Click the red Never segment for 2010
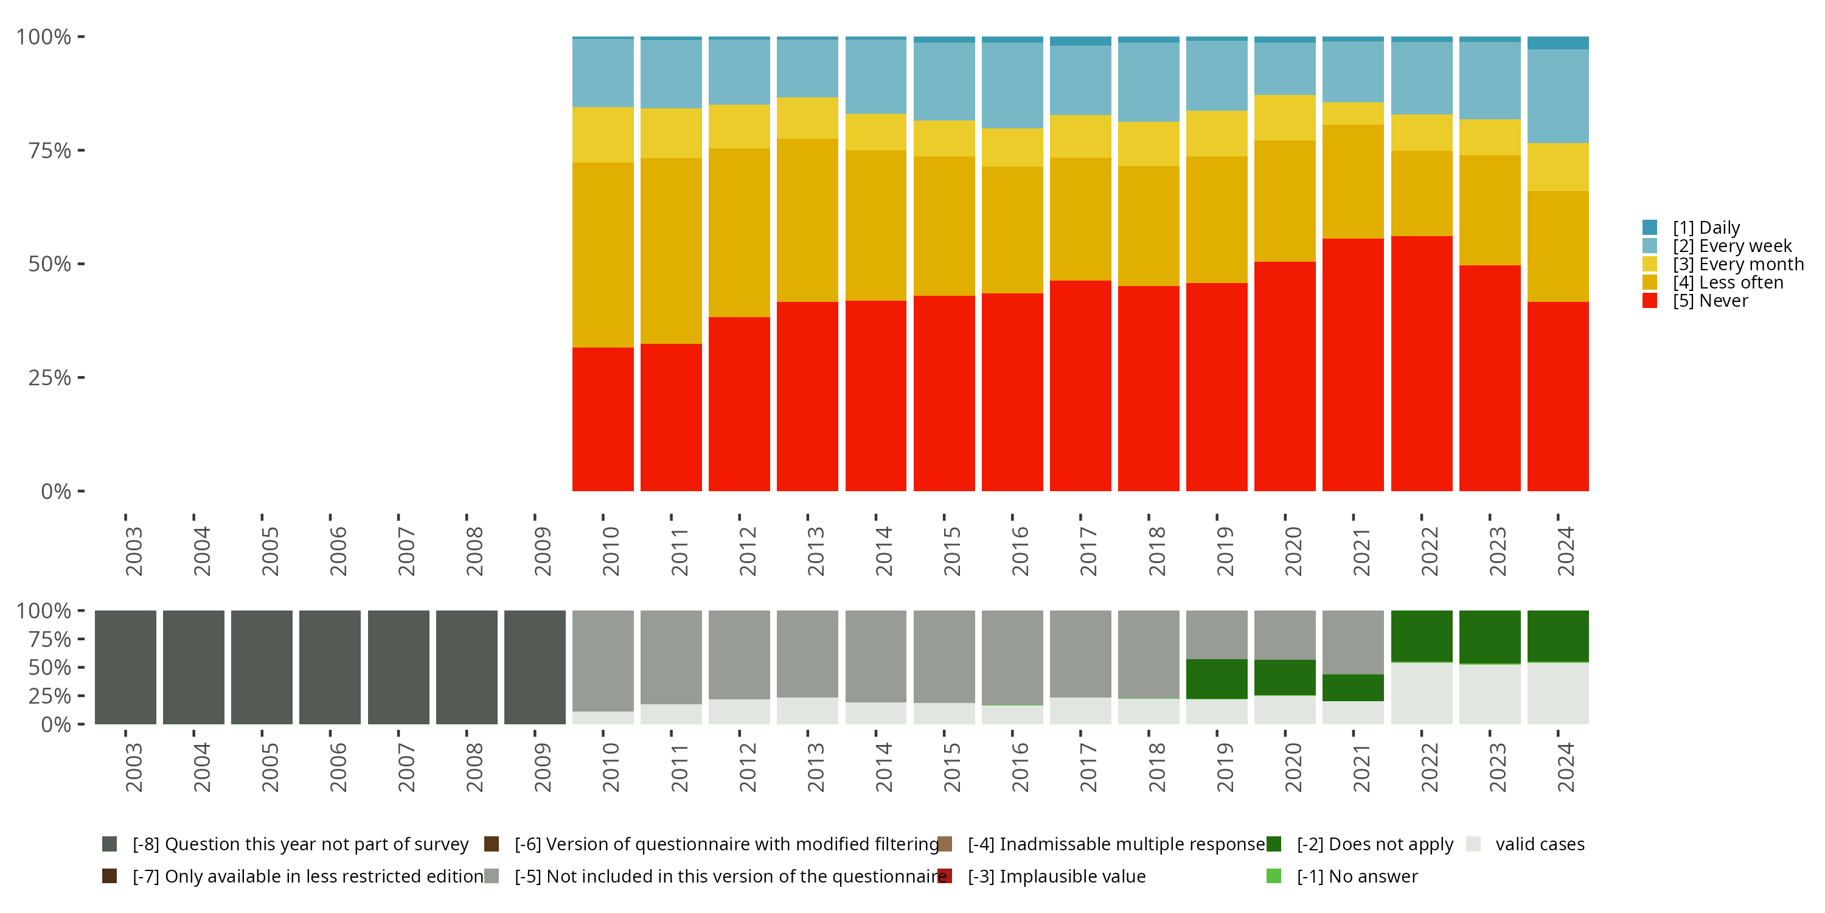(x=603, y=419)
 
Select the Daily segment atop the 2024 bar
(x=1558, y=43)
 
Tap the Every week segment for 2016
(x=1012, y=85)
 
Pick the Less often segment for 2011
(x=671, y=251)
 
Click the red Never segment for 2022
(x=1422, y=363)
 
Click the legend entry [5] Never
(x=1695, y=301)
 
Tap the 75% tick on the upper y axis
(x=82, y=150)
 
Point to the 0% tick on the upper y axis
(x=82, y=491)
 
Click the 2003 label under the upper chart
(x=133, y=551)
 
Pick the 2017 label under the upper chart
(x=1088, y=551)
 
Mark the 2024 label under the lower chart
(x=1566, y=767)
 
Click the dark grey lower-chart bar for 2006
(x=330, y=667)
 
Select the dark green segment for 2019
(x=1217, y=679)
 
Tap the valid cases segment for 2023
(x=1490, y=694)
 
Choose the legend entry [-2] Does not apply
(x=1360, y=844)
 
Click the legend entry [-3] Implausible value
(x=1041, y=876)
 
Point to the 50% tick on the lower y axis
(x=82, y=667)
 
